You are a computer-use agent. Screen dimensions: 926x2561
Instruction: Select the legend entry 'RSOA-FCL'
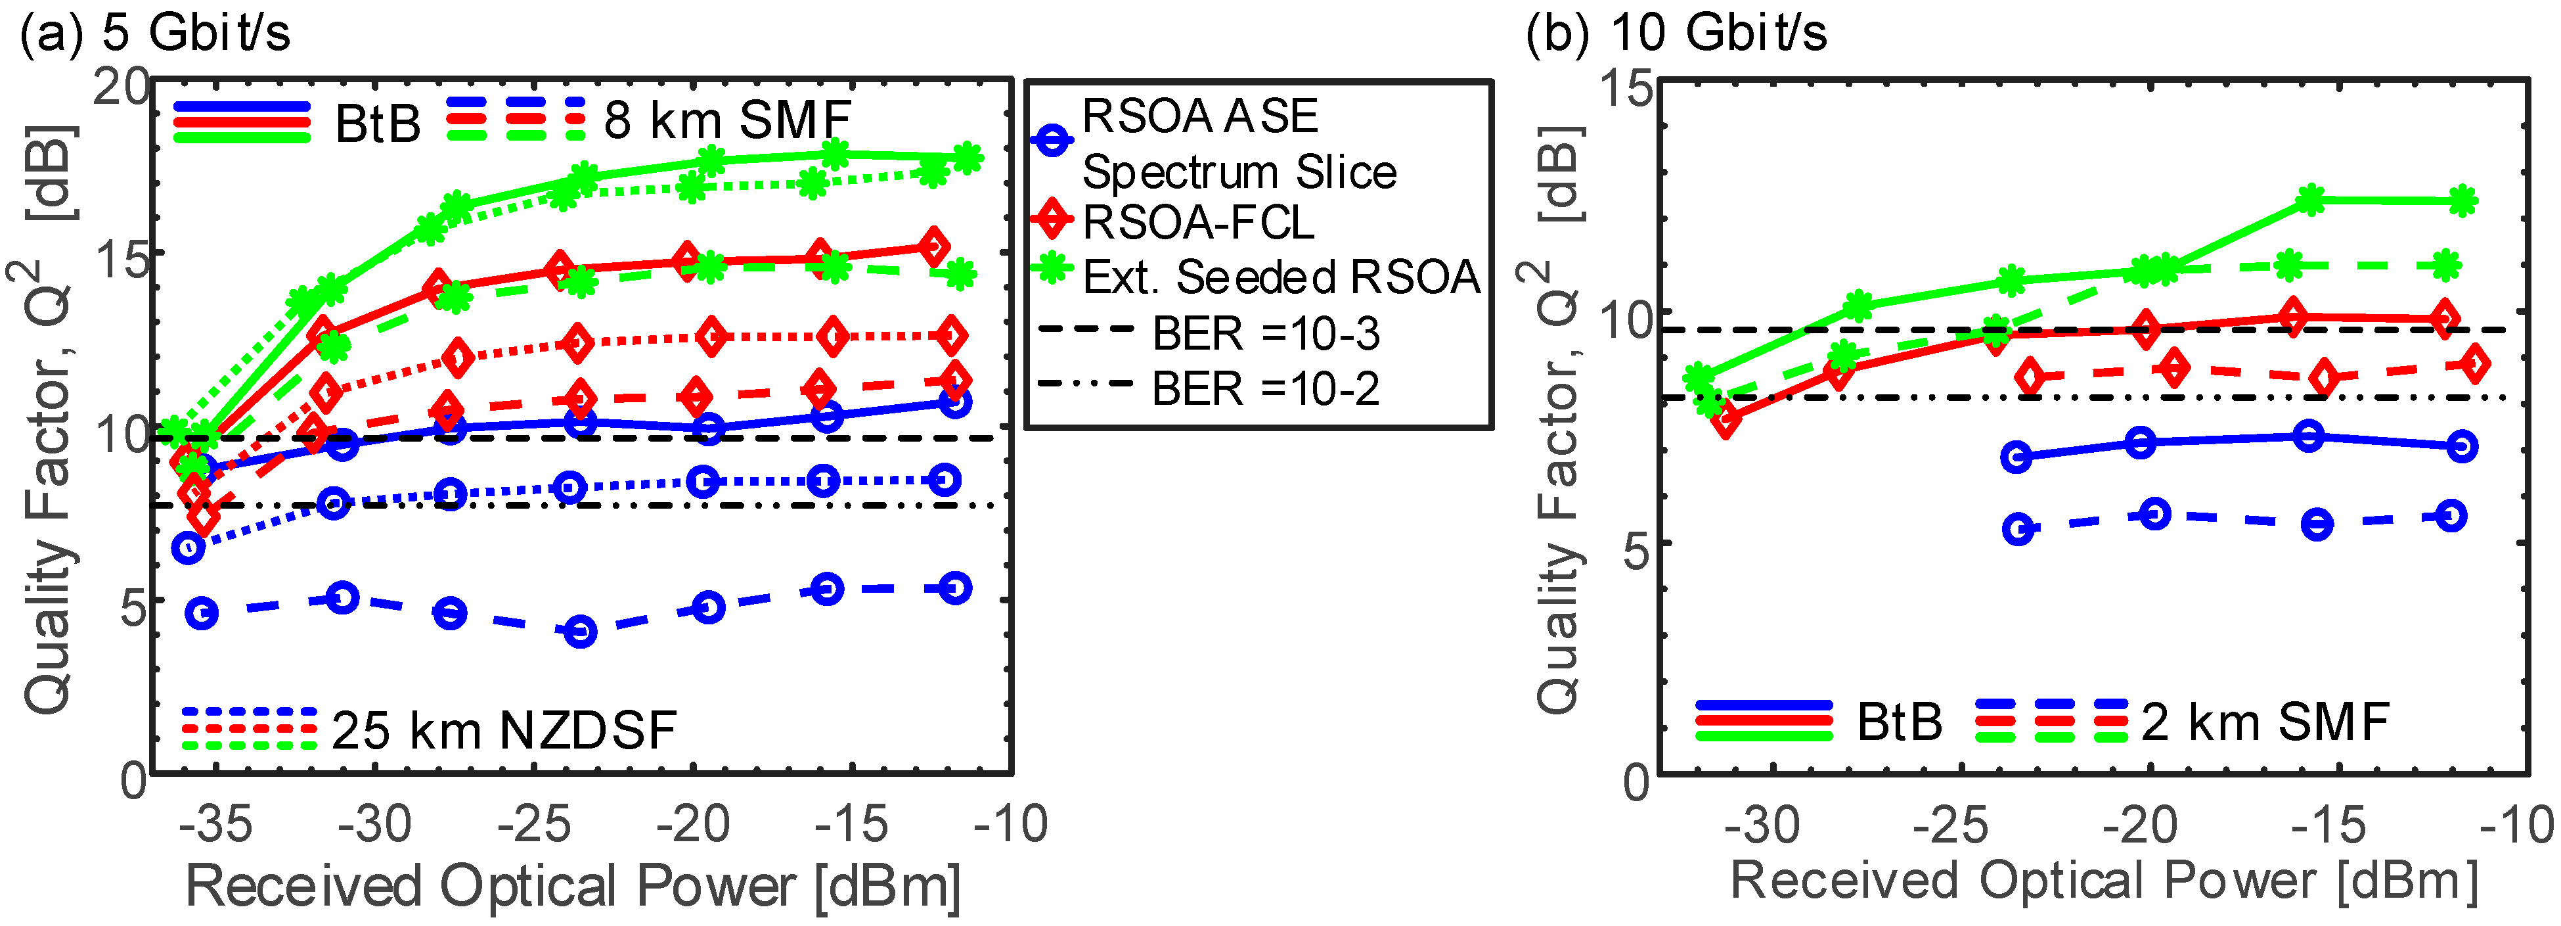point(1198,223)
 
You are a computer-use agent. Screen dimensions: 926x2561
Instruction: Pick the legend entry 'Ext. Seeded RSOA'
point(1281,277)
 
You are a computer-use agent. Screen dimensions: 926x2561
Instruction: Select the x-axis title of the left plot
point(573,885)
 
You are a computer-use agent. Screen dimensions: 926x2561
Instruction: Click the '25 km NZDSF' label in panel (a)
point(504,730)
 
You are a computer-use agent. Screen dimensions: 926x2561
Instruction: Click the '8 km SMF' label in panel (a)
point(726,122)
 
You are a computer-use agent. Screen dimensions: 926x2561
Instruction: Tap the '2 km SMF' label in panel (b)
point(2265,722)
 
